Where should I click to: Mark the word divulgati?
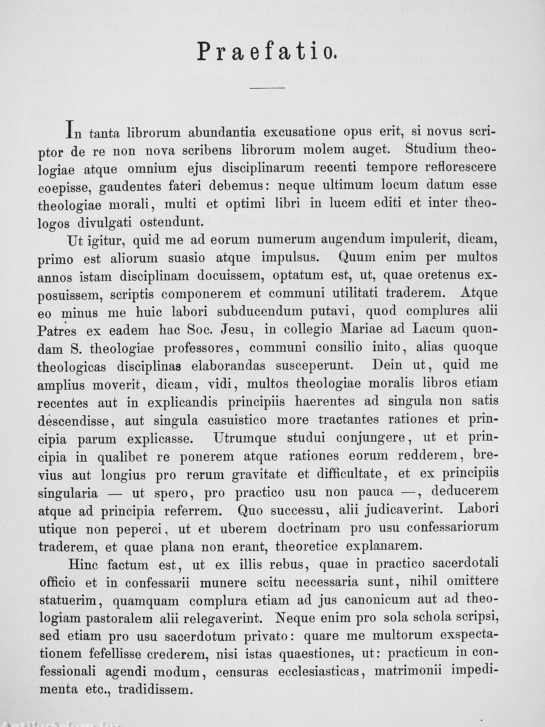click(105, 223)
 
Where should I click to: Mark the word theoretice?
click(306, 546)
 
